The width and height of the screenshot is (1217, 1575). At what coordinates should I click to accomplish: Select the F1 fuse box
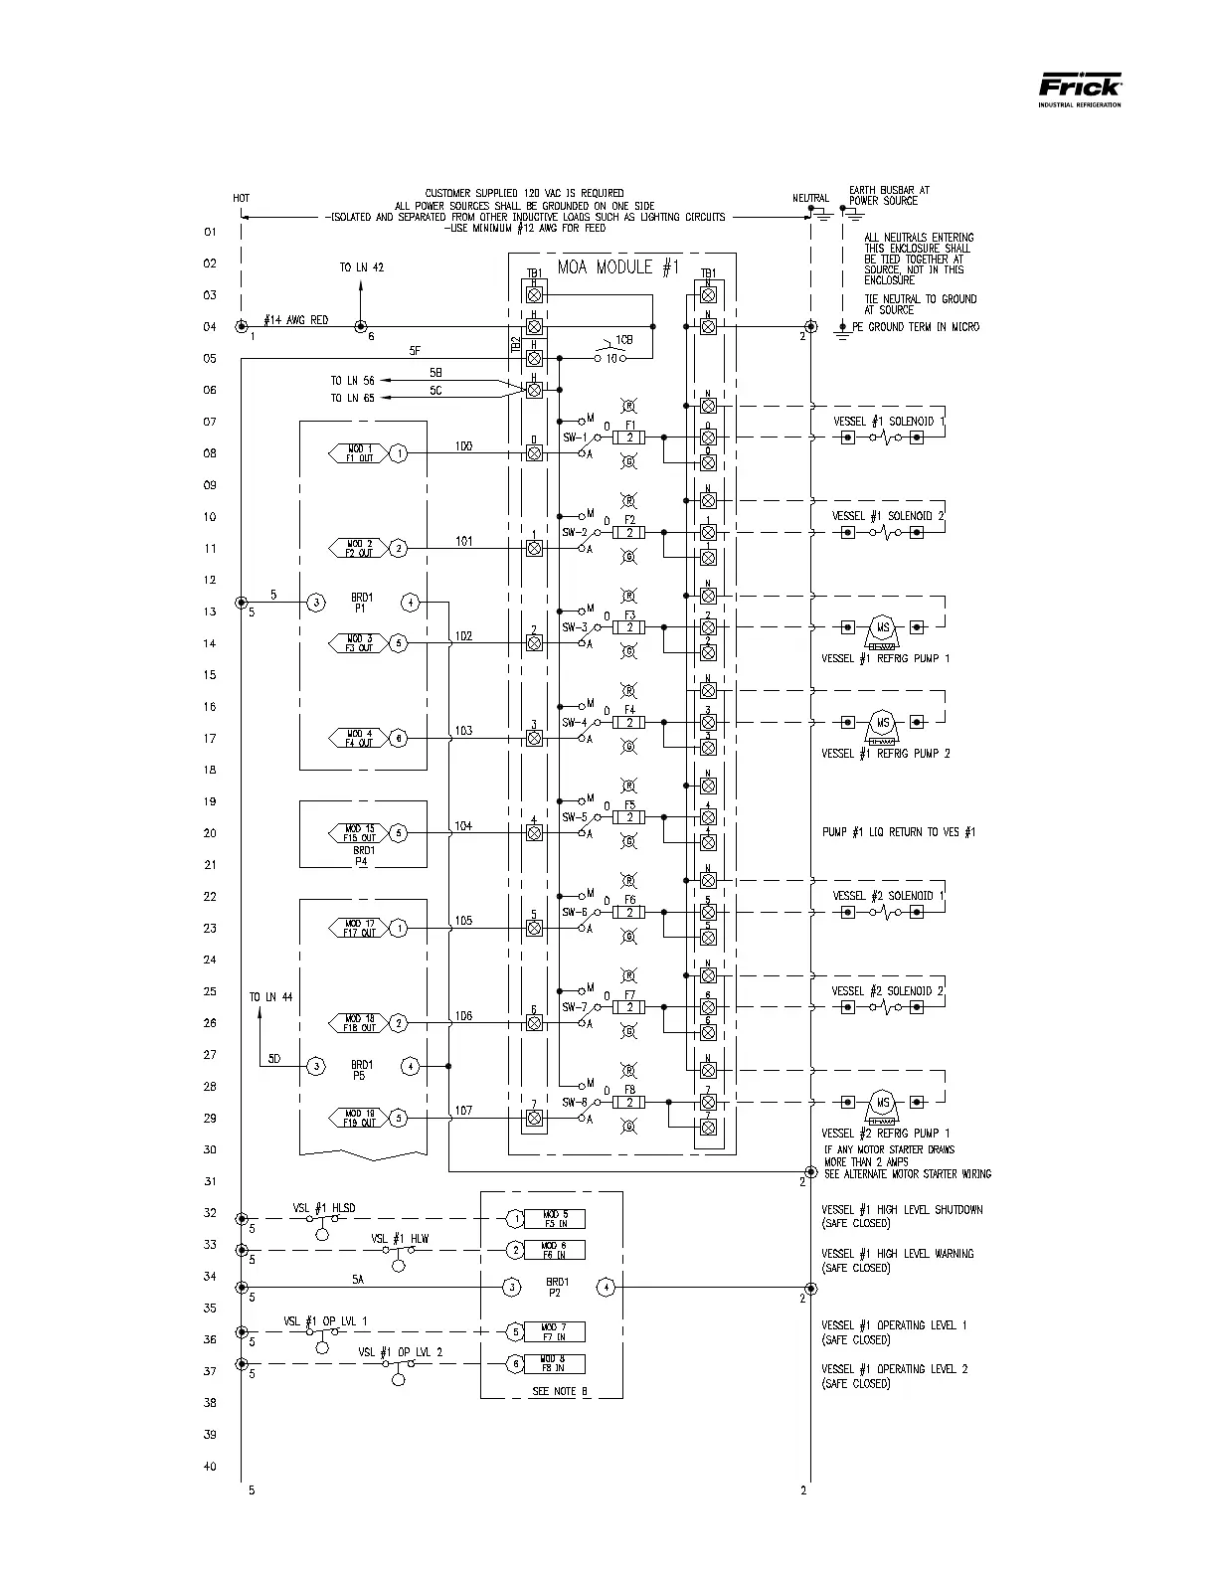pyautogui.click(x=629, y=437)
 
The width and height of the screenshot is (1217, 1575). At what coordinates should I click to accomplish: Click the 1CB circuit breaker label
pyautogui.click(x=623, y=340)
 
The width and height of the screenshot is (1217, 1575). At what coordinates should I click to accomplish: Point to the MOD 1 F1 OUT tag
pyautogui.click(x=360, y=453)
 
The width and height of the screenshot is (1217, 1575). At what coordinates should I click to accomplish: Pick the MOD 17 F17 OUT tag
pyautogui.click(x=360, y=928)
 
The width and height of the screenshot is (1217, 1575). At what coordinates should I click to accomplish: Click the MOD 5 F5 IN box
pyautogui.click(x=555, y=1219)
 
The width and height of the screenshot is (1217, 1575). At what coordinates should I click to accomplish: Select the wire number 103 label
pyautogui.click(x=463, y=731)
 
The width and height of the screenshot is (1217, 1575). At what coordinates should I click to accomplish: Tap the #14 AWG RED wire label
pyautogui.click(x=296, y=320)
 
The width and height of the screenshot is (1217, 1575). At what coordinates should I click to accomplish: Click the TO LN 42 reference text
pyautogui.click(x=361, y=267)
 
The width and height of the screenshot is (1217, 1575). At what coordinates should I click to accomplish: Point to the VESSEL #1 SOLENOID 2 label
pyautogui.click(x=888, y=516)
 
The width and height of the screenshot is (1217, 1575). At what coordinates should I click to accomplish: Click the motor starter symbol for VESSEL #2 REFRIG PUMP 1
pyautogui.click(x=882, y=1103)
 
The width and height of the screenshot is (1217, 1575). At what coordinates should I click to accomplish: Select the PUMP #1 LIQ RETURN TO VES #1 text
pyautogui.click(x=898, y=832)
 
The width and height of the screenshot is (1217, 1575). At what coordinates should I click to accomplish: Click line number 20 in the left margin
pyautogui.click(x=210, y=833)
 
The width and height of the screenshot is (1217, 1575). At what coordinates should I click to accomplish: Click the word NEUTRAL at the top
pyautogui.click(x=810, y=198)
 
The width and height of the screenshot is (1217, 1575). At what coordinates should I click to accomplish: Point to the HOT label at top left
pyautogui.click(x=242, y=198)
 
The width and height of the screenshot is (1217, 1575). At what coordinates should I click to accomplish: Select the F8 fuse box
pyautogui.click(x=629, y=1102)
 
